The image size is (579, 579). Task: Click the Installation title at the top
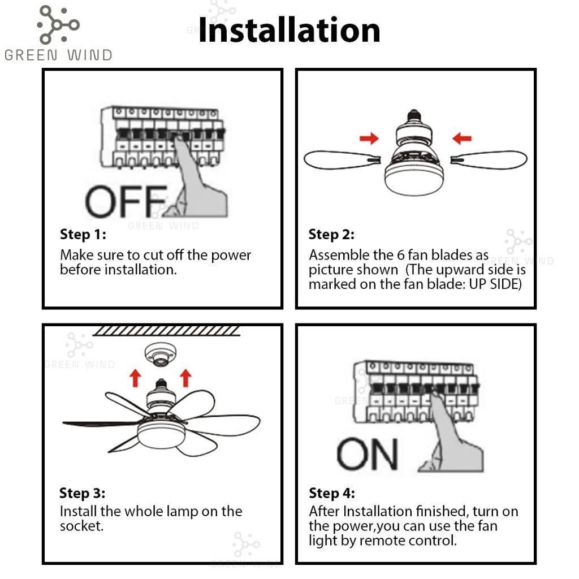click(289, 31)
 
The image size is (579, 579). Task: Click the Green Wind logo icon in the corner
click(58, 24)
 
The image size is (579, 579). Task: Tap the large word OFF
click(125, 202)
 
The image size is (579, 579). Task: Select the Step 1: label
click(83, 234)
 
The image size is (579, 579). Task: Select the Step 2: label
click(331, 234)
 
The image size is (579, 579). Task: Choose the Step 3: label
click(83, 493)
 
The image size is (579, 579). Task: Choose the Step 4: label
click(331, 493)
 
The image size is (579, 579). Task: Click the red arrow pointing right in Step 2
click(369, 139)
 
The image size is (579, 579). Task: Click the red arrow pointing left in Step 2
click(462, 138)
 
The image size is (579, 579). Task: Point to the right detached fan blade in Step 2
click(492, 160)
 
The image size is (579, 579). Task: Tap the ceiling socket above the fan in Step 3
click(161, 355)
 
